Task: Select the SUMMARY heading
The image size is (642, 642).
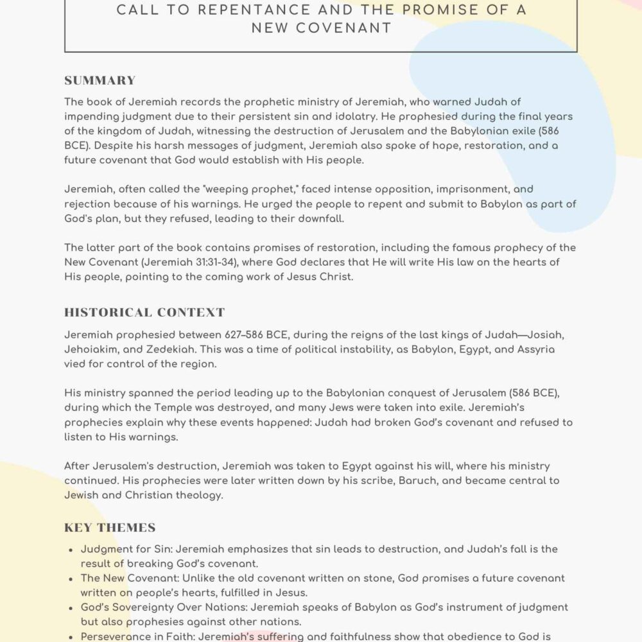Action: [x=100, y=80]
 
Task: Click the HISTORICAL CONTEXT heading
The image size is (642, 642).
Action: [x=144, y=313]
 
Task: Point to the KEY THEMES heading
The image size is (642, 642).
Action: [x=110, y=528]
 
